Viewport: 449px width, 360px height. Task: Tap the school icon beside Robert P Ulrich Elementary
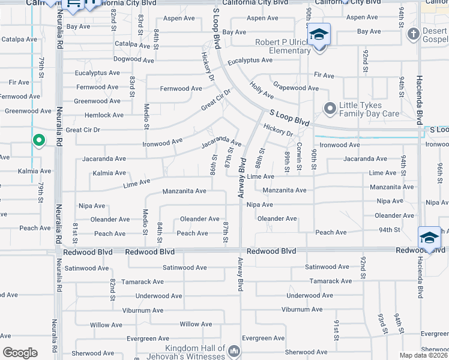(319, 34)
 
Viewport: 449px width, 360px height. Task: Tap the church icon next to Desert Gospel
(413, 34)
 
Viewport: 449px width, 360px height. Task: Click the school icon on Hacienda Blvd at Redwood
(429, 237)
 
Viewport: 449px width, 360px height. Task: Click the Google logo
(20, 353)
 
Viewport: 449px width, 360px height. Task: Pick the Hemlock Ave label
(104, 115)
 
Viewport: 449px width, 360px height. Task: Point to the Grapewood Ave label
(296, 88)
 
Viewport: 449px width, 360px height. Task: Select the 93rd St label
(382, 323)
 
